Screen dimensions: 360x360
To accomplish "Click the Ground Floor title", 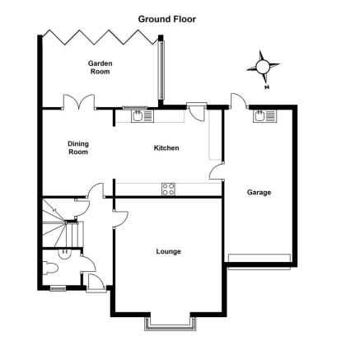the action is pyautogui.click(x=167, y=19).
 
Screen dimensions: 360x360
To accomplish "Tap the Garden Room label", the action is pyautogui.click(x=101, y=68).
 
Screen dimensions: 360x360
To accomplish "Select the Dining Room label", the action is pyautogui.click(x=78, y=147).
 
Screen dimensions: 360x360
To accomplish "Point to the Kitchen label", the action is pyautogui.click(x=166, y=148).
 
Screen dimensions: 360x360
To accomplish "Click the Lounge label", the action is pyautogui.click(x=169, y=251).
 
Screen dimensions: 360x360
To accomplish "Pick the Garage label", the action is pyautogui.click(x=259, y=193).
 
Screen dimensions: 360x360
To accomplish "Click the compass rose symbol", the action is pyautogui.click(x=263, y=67).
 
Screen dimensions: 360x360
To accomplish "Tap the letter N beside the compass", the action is pyautogui.click(x=266, y=87).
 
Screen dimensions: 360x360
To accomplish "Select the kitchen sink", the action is pyautogui.click(x=143, y=116).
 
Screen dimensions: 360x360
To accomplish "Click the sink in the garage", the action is pyautogui.click(x=265, y=116).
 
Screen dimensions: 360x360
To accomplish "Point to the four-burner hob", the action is pyautogui.click(x=168, y=189).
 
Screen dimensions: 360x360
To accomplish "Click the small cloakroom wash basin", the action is pyautogui.click(x=65, y=254).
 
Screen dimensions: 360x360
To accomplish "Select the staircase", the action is pyautogui.click(x=63, y=223).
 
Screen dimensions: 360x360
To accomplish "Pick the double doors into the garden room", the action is pyautogui.click(x=79, y=102).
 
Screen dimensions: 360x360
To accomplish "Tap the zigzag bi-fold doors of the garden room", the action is pyautogui.click(x=101, y=37).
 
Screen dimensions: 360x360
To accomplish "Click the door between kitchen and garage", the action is pyautogui.click(x=217, y=171).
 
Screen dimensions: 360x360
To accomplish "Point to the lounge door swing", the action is pyautogui.click(x=120, y=219).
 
